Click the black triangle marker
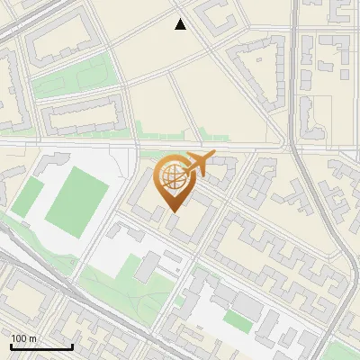click(x=181, y=24)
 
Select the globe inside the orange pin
click(x=173, y=178)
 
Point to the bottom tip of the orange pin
click(x=173, y=211)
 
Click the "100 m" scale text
click(x=24, y=338)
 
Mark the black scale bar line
click(x=41, y=347)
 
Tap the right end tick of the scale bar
click(x=72, y=346)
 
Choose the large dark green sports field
click(x=77, y=201)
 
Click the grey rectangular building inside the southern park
click(x=148, y=265)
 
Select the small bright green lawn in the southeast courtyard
click(x=238, y=319)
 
